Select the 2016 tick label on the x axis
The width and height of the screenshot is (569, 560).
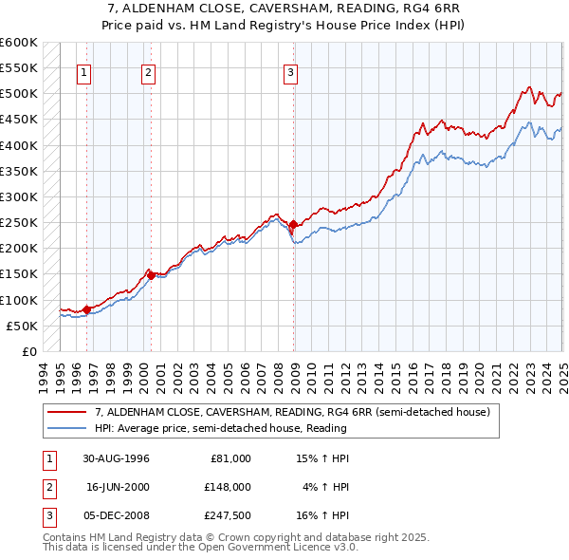[414, 378]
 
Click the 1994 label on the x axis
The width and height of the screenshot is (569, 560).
[43, 378]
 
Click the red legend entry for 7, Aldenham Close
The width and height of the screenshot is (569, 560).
[292, 413]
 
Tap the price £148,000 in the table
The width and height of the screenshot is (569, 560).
[229, 487]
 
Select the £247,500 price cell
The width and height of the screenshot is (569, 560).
[229, 515]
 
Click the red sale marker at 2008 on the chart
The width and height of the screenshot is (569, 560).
[293, 225]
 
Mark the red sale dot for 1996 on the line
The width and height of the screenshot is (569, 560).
[86, 308]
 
